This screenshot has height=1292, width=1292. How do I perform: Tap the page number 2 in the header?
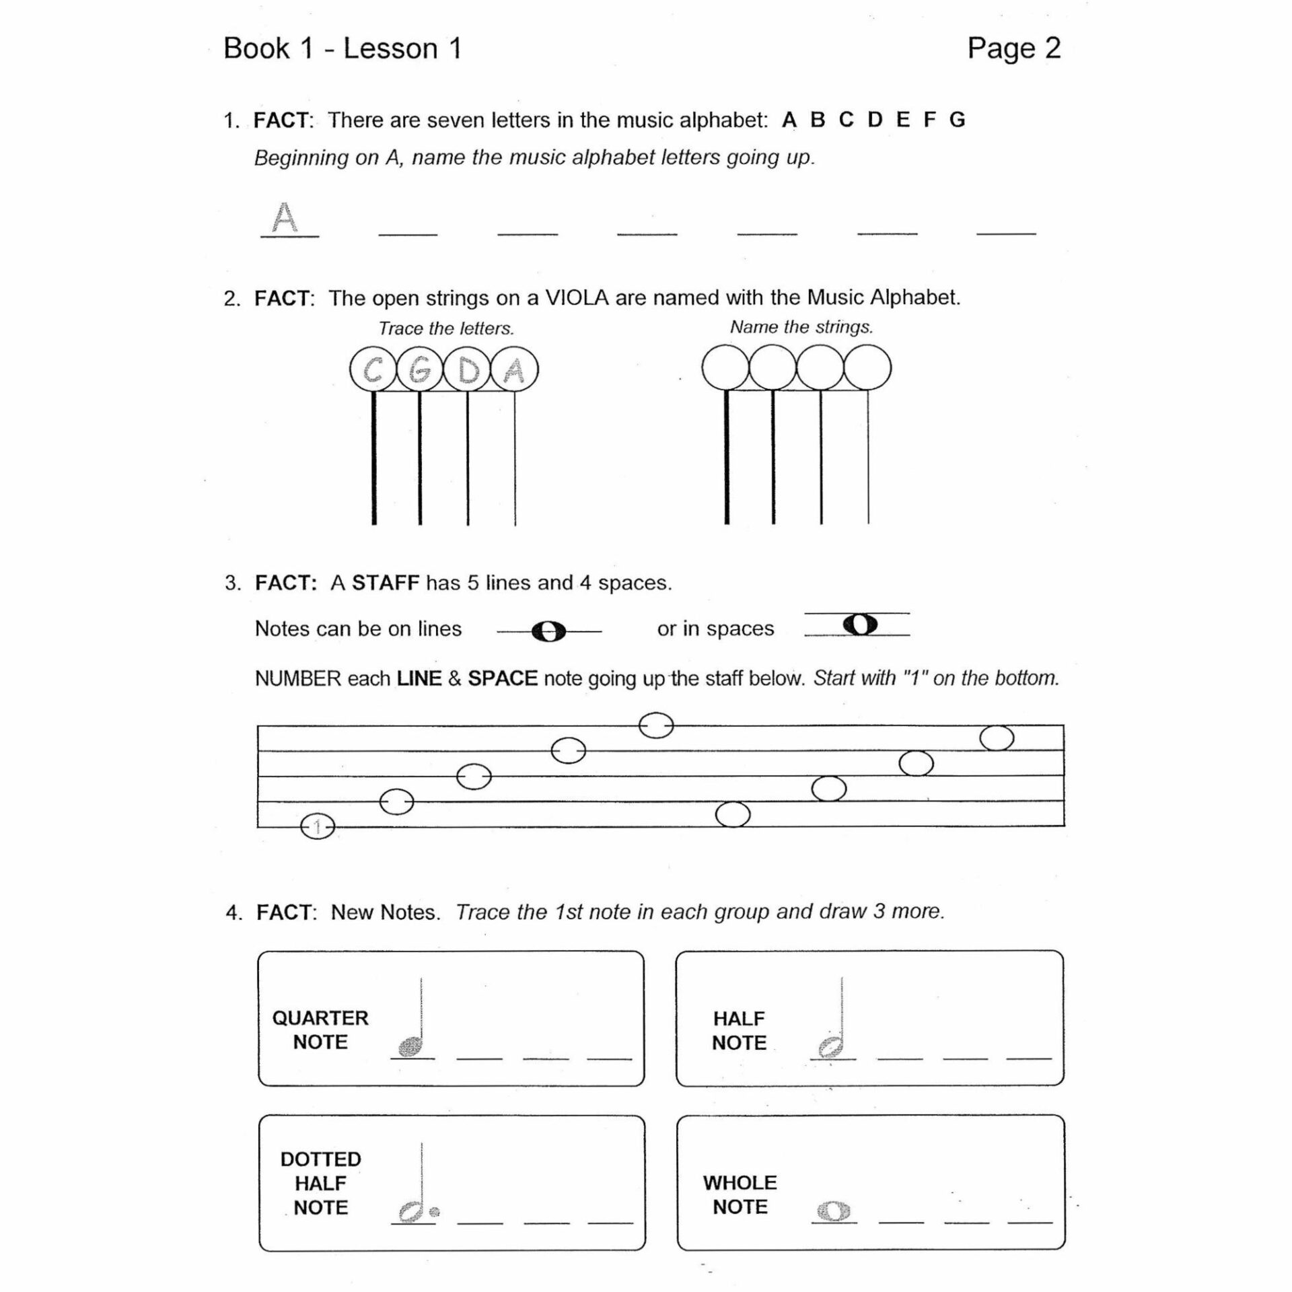pos(1052,48)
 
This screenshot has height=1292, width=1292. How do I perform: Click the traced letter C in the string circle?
pos(373,369)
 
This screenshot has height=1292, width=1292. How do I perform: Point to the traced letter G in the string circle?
pos(420,369)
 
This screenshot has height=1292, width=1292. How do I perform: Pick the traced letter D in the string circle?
pos(468,369)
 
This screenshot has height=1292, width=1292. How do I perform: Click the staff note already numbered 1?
pos(318,826)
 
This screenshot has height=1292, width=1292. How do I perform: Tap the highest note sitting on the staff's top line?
pos(655,725)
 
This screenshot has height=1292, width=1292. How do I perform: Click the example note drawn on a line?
pos(548,631)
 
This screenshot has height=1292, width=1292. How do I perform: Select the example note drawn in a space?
pos(861,624)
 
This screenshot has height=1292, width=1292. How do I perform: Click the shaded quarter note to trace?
pos(410,1046)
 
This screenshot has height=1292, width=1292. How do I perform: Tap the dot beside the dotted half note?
pos(435,1212)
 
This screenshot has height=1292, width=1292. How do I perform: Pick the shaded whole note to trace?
pos(834,1211)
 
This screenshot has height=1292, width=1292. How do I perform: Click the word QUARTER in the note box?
pos(320,1018)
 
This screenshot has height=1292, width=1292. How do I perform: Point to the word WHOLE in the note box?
pos(740,1182)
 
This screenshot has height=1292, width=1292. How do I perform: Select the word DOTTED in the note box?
pos(320,1159)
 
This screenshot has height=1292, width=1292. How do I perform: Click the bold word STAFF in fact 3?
pos(385,583)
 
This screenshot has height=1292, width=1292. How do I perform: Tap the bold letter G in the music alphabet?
pos(957,120)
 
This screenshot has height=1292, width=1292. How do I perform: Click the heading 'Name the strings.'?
pos(801,327)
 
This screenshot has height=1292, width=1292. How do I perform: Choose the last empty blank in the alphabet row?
pos(1006,229)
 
